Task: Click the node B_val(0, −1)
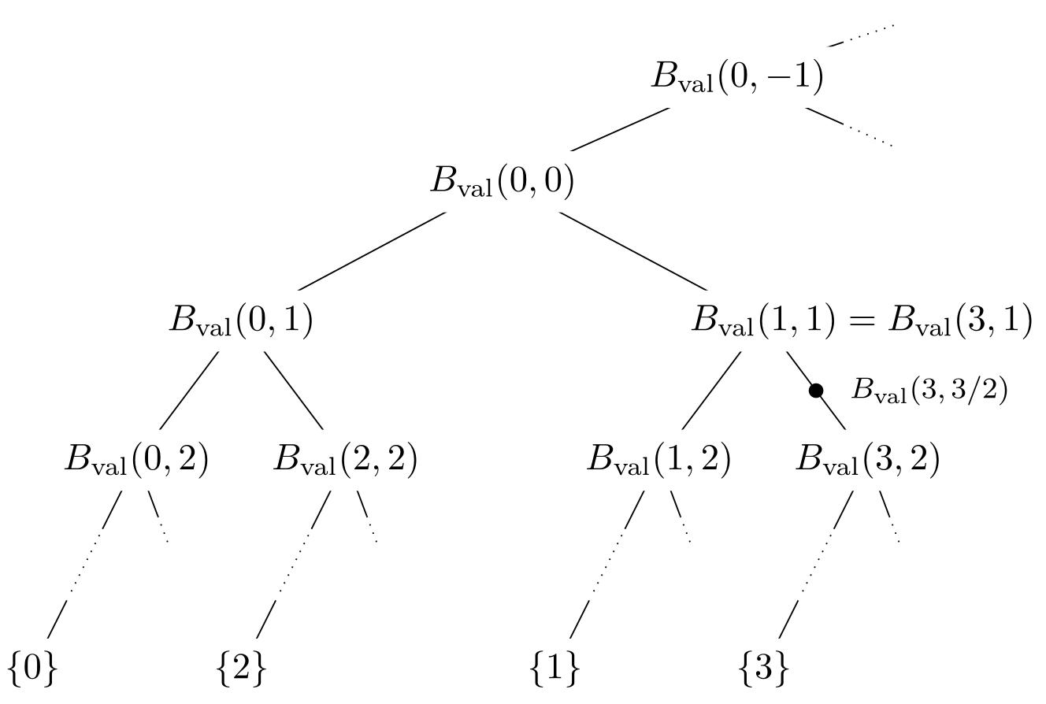(x=736, y=76)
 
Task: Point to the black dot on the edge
(x=816, y=390)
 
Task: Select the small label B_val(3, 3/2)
(x=929, y=391)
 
